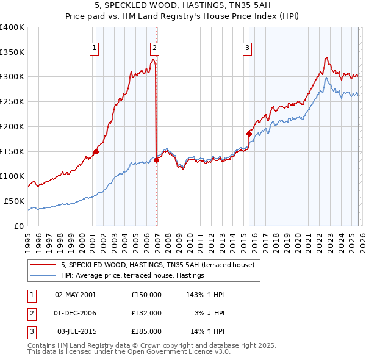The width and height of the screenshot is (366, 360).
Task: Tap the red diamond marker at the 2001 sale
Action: (x=96, y=151)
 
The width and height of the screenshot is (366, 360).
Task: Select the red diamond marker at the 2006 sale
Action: (x=156, y=160)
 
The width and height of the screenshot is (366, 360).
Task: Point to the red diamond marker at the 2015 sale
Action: (x=249, y=134)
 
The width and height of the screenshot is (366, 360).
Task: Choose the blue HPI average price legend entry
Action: (x=132, y=276)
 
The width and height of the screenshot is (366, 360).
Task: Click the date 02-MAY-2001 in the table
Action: (x=75, y=295)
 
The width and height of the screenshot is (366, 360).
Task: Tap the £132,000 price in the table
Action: (x=146, y=313)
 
